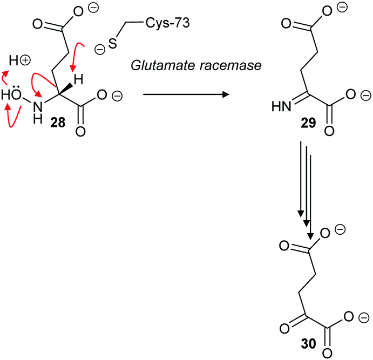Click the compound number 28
58,123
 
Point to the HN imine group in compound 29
281,108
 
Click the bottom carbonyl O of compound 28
81,131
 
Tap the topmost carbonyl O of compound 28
38,24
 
